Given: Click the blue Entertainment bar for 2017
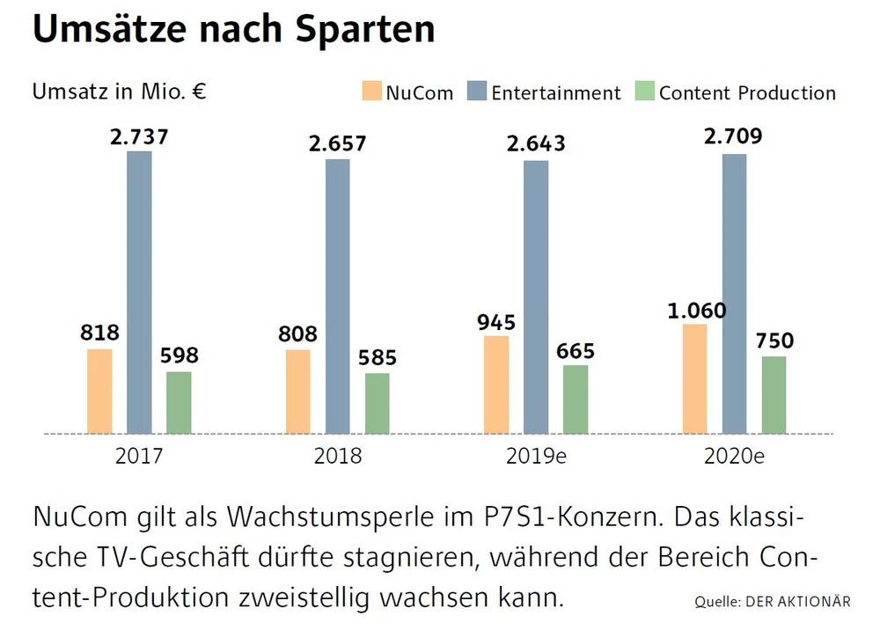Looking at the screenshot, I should [139, 292].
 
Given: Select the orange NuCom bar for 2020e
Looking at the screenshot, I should [694, 378].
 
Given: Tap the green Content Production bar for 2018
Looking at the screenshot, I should [378, 403].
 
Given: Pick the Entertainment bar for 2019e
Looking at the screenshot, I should [536, 297].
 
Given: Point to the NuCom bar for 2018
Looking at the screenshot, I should [298, 392].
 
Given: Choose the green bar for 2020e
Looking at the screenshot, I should [774, 394].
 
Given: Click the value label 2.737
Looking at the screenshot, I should [139, 136].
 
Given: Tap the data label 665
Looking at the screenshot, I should [576, 351].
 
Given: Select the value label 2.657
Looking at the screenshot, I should [337, 144].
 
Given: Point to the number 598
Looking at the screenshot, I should [179, 356].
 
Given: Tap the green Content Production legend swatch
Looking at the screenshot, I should [645, 92].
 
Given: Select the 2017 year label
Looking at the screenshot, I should [139, 458].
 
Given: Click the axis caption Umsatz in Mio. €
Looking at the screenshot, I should [119, 92].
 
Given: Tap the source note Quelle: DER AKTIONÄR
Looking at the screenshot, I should [772, 602].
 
